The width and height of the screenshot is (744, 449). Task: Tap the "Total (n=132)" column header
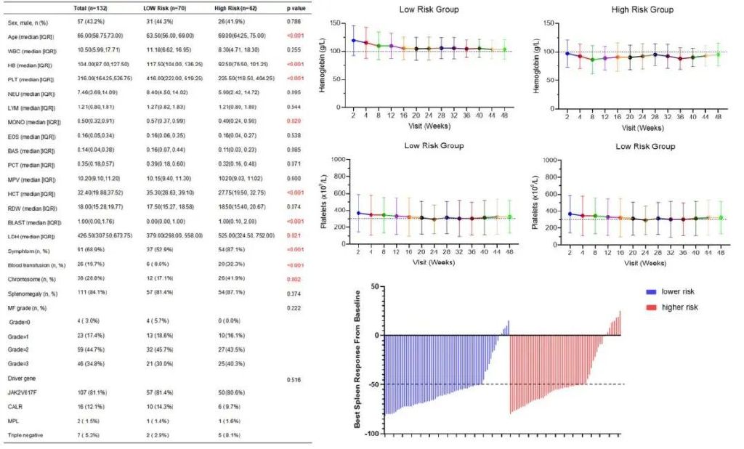(x=92, y=7)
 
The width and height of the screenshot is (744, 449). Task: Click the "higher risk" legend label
(x=680, y=308)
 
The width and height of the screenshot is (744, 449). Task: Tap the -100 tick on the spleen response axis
(x=373, y=434)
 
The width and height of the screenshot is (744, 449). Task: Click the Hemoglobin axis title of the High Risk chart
(x=535, y=52)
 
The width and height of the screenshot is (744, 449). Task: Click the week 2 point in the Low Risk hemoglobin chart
(x=353, y=41)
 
